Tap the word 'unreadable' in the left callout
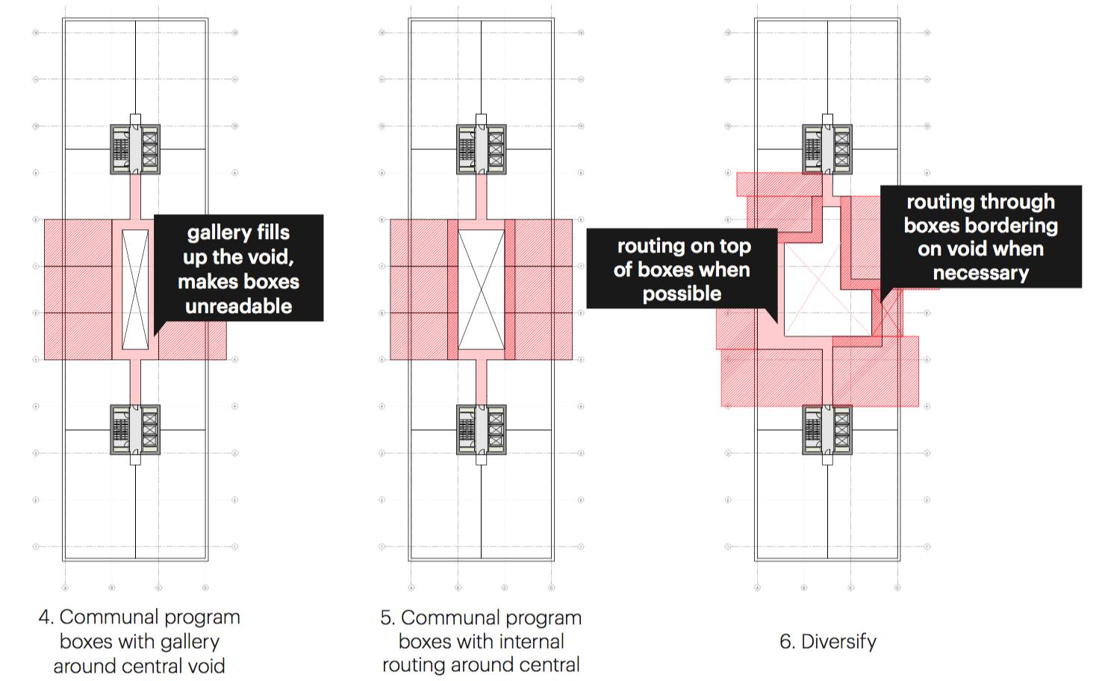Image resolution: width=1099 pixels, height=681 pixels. pyautogui.click(x=238, y=306)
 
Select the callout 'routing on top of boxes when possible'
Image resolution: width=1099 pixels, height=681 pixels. pyautogui.click(x=682, y=269)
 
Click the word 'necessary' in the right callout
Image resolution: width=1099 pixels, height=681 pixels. pyautogui.click(x=980, y=273)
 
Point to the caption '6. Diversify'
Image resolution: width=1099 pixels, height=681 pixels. pyautogui.click(x=827, y=641)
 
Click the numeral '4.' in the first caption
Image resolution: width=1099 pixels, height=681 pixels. pyautogui.click(x=46, y=618)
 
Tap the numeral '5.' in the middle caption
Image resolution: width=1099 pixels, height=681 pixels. pyautogui.click(x=387, y=618)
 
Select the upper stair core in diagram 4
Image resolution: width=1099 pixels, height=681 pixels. pyautogui.click(x=135, y=149)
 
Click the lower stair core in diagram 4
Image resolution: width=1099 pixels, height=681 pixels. pyautogui.click(x=135, y=429)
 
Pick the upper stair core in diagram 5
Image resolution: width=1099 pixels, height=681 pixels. pyautogui.click(x=481, y=149)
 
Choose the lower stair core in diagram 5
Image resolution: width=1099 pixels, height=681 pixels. pyautogui.click(x=481, y=429)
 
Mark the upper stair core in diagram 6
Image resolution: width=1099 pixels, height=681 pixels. pyautogui.click(x=827, y=149)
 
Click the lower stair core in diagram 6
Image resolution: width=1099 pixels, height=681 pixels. pyautogui.click(x=827, y=429)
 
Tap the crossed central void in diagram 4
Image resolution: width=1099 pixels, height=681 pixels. pyautogui.click(x=135, y=289)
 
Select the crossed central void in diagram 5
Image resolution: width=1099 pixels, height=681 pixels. pyautogui.click(x=481, y=289)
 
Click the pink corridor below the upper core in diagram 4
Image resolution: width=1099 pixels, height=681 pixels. pyautogui.click(x=135, y=196)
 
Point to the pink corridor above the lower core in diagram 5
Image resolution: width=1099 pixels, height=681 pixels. pyautogui.click(x=481, y=382)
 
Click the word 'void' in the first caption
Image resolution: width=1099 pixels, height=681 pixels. pyautogui.click(x=205, y=666)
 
